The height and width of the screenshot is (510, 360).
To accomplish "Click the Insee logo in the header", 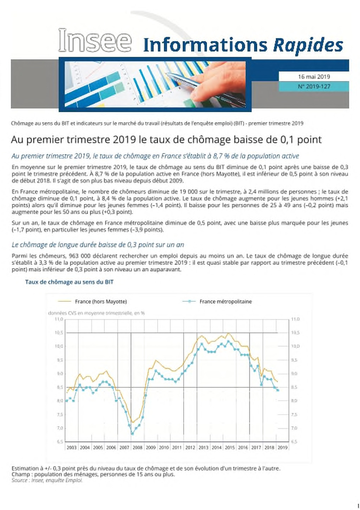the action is [95, 40].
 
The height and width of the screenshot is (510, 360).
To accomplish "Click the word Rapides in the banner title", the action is [308, 45].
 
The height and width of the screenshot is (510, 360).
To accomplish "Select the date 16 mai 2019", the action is [314, 77].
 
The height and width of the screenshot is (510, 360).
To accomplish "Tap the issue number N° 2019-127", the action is [314, 87].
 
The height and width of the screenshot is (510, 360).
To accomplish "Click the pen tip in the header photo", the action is [167, 73].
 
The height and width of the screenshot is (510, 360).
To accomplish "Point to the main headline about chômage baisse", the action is [166, 139].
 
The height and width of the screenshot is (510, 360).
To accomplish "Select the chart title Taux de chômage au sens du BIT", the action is [69, 282].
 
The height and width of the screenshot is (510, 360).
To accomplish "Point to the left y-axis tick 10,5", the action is [59, 333].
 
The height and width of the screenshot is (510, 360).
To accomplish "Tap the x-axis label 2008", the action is [137, 448].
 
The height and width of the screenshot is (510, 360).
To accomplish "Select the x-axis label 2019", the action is [283, 448].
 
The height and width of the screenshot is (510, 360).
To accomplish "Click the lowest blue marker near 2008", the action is [132, 433].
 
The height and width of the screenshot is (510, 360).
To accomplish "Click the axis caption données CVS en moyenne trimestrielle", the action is [96, 313].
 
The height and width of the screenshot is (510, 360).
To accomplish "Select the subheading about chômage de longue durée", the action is [98, 245].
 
